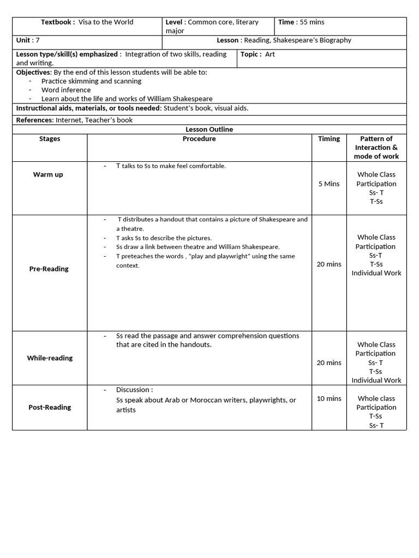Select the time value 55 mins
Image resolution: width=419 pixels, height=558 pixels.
coord(312,22)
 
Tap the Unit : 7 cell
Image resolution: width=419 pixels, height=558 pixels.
coord(28,40)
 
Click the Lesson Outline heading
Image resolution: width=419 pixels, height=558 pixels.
coord(209,130)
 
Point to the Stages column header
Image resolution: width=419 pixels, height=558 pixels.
coord(50,139)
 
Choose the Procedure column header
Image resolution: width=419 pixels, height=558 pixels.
coord(199,139)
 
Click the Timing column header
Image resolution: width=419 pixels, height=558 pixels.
coord(329,139)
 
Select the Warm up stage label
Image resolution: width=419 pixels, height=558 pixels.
coord(48,175)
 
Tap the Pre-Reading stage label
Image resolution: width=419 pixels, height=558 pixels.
coord(49,269)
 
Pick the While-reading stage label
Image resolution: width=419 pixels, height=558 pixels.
coord(50,359)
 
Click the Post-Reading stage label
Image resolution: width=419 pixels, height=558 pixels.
coord(50,408)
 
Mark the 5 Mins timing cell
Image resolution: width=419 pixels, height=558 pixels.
coord(329,184)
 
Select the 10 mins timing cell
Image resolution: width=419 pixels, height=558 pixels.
coord(329,399)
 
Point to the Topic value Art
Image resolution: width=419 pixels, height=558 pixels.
coord(270,54)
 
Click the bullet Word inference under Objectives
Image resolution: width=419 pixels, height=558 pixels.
coord(66,90)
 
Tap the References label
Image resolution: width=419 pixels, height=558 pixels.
coord(34,120)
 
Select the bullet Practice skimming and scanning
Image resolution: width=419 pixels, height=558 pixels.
coord(91,81)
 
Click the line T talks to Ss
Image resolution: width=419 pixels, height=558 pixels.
coord(171,166)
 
